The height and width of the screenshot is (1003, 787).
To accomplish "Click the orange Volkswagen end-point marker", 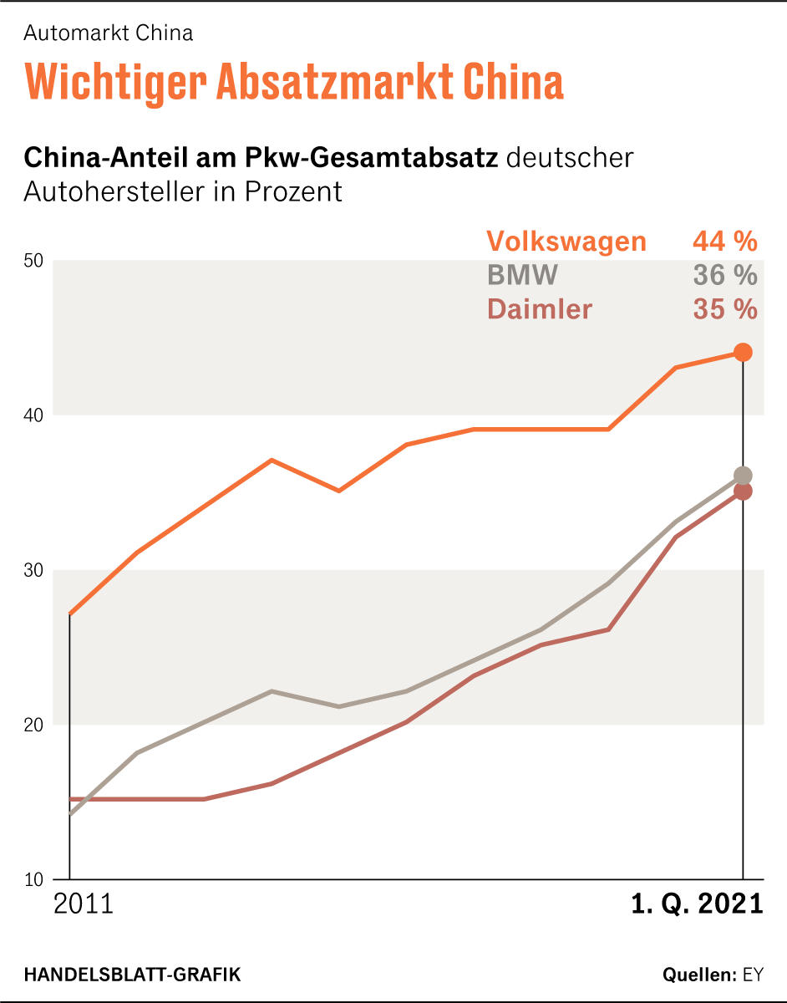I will pyautogui.click(x=743, y=352).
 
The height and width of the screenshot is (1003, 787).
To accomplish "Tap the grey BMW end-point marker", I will pyautogui.click(x=743, y=476).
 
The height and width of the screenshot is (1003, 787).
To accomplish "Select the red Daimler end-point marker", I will pyautogui.click(x=743, y=491).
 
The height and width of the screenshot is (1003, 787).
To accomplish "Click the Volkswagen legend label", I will pyautogui.click(x=566, y=242).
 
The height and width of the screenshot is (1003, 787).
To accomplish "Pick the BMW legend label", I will pyautogui.click(x=522, y=275).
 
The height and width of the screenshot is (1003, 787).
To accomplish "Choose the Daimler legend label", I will pyautogui.click(x=540, y=309).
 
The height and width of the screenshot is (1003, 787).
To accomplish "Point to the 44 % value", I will pyautogui.click(x=724, y=242).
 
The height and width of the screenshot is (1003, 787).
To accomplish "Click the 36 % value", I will pyautogui.click(x=724, y=275).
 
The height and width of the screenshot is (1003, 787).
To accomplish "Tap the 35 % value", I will pyautogui.click(x=724, y=309).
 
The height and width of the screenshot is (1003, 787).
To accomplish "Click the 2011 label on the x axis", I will pyautogui.click(x=83, y=905).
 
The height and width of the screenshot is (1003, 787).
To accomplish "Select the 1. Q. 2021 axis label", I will pyautogui.click(x=697, y=905).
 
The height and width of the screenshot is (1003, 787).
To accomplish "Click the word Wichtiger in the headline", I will pyautogui.click(x=114, y=82).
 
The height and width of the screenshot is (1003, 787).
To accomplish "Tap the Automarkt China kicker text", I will pyautogui.click(x=109, y=33).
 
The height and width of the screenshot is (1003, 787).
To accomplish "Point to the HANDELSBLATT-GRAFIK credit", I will pyautogui.click(x=132, y=975).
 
